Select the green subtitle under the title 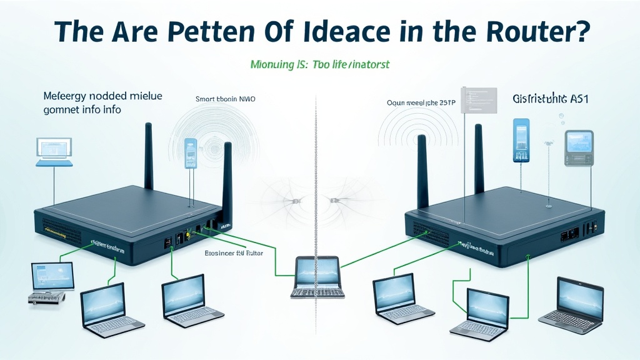319,64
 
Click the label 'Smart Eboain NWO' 225,99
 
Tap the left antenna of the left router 149,156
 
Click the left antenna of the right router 422,172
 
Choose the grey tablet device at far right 579,147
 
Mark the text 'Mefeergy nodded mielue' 102,96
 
